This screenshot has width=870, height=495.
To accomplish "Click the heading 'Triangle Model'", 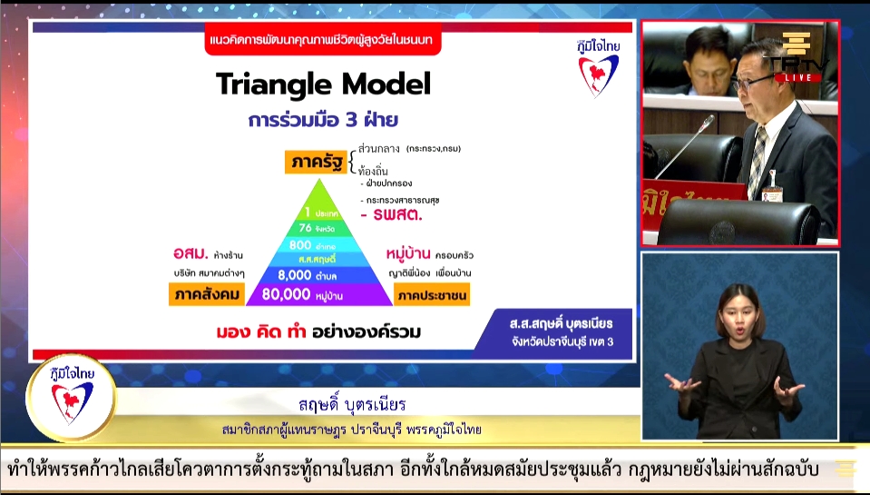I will [x=323, y=84].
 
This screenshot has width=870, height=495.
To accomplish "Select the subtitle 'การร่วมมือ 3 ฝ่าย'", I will [x=323, y=120].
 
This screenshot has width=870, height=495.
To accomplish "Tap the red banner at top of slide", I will [x=323, y=42].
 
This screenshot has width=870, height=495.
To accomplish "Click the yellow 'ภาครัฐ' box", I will [x=313, y=163].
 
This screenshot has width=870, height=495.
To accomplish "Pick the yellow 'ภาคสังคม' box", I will [x=207, y=294].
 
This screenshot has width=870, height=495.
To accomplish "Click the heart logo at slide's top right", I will [x=599, y=69].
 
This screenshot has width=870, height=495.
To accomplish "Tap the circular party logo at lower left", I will [x=71, y=397].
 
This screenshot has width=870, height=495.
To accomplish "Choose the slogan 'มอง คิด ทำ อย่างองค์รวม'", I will [x=318, y=332].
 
